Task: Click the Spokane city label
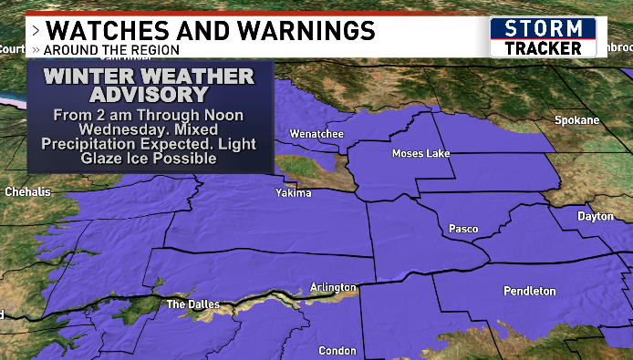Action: tap(577, 120)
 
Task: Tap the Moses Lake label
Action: tap(421, 153)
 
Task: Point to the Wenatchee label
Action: tap(316, 135)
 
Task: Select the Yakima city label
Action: tap(294, 193)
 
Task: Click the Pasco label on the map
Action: tap(464, 229)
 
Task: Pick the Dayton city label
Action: tap(596, 216)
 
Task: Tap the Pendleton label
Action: tap(529, 291)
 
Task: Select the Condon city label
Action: tap(337, 351)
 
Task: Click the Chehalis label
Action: tap(28, 192)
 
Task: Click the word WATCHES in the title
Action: tap(107, 31)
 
